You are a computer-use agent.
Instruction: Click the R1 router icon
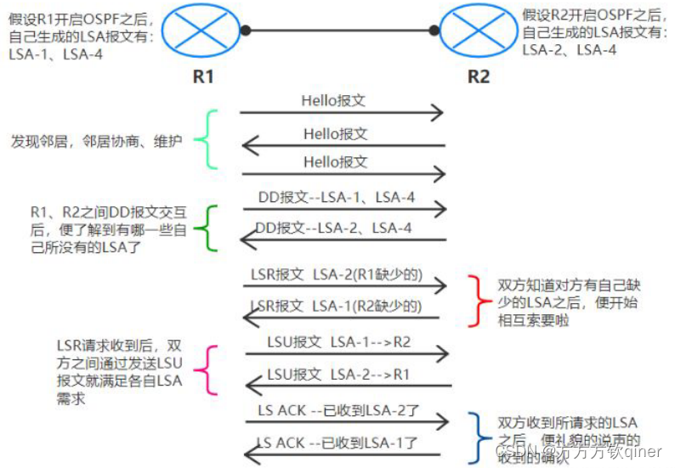pyautogui.click(x=202, y=31)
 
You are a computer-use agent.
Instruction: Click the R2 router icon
pyautogui.click(x=477, y=31)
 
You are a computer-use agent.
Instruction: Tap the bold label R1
pyautogui.click(x=202, y=76)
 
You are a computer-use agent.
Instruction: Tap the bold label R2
pyautogui.click(x=479, y=76)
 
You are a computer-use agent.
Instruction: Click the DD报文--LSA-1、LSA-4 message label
pyautogui.click(x=337, y=197)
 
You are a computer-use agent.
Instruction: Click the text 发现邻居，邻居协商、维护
pyautogui.click(x=96, y=141)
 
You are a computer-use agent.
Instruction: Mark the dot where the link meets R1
pyautogui.click(x=245, y=31)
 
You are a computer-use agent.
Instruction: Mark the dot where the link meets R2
pyautogui.click(x=434, y=31)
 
